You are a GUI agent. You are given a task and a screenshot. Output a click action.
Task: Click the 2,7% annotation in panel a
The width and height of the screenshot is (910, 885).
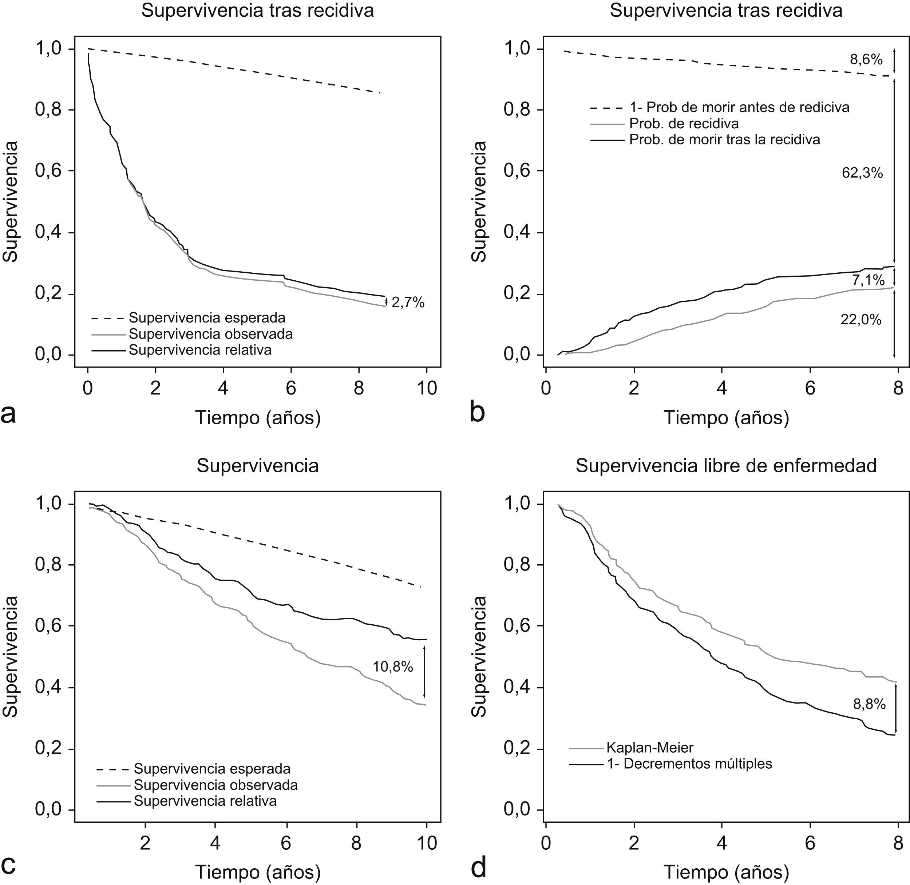pos(408,303)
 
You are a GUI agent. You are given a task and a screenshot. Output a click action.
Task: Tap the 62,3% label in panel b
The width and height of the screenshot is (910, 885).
pos(862,173)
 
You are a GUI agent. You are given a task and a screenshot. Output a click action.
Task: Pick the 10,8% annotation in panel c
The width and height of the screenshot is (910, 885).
pos(393,667)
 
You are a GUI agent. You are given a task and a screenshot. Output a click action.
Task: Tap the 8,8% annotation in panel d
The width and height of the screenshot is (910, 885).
pos(869,704)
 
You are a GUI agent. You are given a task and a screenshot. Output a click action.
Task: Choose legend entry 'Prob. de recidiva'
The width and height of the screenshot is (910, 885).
pos(684,124)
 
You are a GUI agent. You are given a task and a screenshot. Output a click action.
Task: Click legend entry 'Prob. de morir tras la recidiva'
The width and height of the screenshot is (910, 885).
pos(724,140)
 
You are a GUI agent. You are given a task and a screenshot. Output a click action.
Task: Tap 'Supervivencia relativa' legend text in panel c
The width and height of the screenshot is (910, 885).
pos(205,801)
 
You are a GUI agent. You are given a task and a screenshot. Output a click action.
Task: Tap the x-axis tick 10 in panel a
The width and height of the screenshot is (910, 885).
pos(427,388)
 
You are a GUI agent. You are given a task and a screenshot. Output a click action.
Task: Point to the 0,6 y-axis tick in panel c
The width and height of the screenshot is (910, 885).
pos(49,626)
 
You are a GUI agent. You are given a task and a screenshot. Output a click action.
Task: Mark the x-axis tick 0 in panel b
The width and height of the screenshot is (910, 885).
pos(546,388)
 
